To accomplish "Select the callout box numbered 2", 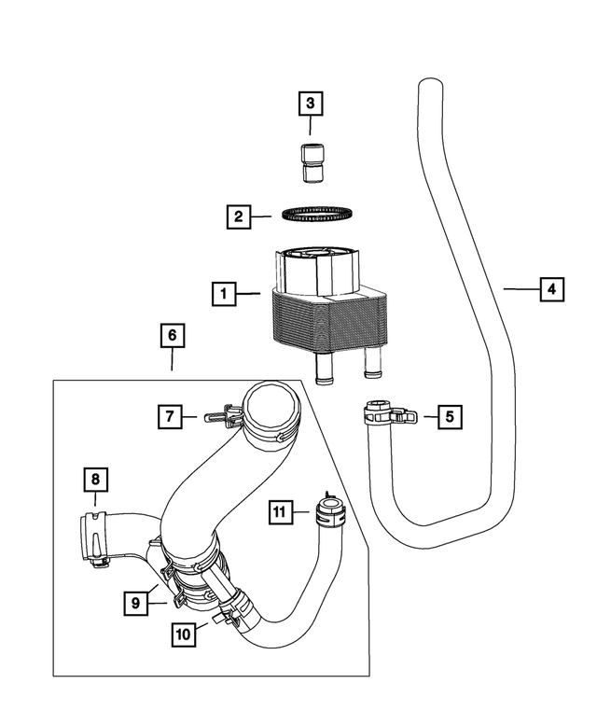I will pos(239,217).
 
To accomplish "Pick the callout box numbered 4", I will pos(551,289).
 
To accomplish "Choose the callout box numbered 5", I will pos(449,416).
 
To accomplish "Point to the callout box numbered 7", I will pos(169,418).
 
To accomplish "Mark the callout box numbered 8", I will pos(95,480).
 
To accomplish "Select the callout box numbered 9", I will pos(136,603).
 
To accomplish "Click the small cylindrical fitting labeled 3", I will pos(312,160).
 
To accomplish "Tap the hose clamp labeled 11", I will pos(327,511).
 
